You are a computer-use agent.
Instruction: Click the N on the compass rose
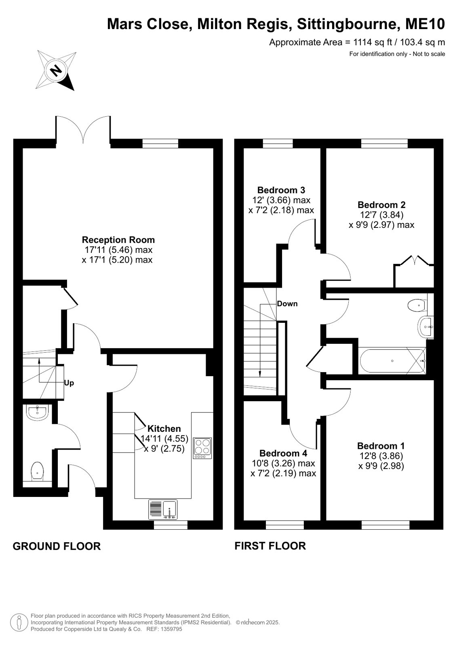click(56, 70)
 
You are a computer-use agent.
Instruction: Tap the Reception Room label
click(118, 240)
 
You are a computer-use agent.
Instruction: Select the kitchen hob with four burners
click(202, 448)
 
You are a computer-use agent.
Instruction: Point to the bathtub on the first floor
click(392, 360)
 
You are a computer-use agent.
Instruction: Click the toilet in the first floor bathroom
click(417, 305)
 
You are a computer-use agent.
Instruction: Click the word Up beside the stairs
click(69, 383)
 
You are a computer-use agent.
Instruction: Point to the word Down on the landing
click(287, 303)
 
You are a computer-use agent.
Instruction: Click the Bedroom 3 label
click(281, 190)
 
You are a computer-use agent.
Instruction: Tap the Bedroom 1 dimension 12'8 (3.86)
click(381, 456)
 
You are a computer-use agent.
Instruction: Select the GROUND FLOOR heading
click(57, 546)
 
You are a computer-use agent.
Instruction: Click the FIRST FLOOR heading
click(270, 546)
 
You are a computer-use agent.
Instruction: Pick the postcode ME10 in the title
click(425, 24)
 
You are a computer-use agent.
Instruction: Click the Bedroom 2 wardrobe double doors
click(414, 261)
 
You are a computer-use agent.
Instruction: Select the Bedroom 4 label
click(283, 453)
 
